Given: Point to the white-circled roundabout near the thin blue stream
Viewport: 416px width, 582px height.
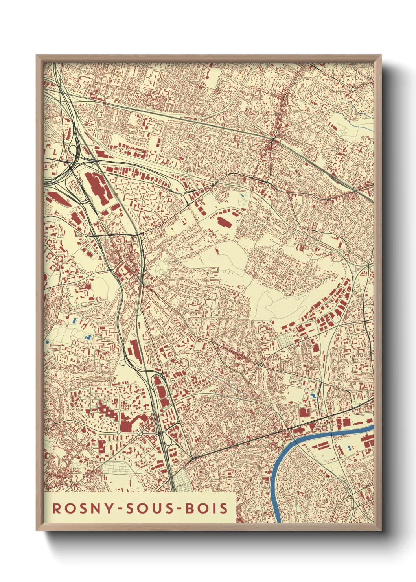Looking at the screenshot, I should [x=353, y=90].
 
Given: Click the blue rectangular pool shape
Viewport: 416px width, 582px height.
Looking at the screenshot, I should [x=74, y=320].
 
